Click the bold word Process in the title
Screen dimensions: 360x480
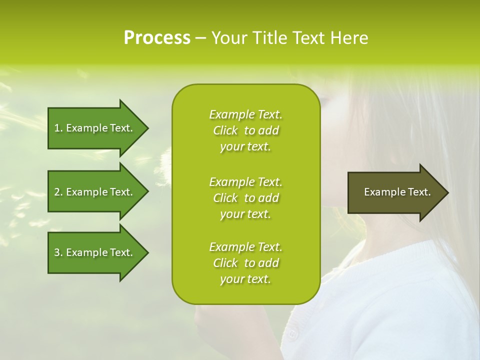pos(157,38)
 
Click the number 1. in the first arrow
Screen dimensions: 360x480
pos(58,128)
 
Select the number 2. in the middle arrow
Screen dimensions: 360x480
pos(58,192)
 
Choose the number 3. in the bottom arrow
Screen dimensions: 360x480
pos(58,252)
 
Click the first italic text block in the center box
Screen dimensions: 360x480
pos(245,130)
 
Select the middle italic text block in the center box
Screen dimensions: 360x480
pos(245,198)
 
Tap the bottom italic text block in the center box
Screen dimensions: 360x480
pos(245,263)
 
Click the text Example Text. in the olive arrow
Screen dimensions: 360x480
pos(397,192)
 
